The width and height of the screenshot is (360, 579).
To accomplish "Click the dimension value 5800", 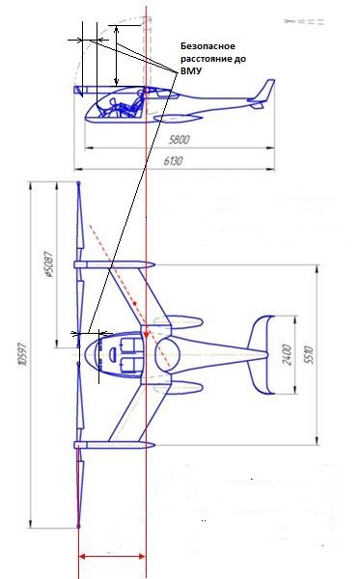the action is pos(180,140).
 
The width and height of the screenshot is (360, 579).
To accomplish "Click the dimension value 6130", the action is pos(173,161).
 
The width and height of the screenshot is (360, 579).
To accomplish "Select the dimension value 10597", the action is pos(22,354).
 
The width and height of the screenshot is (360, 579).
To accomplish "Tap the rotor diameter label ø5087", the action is pos(48,264).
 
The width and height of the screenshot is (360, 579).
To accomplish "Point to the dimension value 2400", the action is pos(287,354).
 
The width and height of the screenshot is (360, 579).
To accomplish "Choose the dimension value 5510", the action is pos(309,355).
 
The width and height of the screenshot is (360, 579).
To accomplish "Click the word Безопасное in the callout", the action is pos(208,46).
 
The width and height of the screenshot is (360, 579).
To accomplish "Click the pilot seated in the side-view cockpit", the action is pos(122,106).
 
